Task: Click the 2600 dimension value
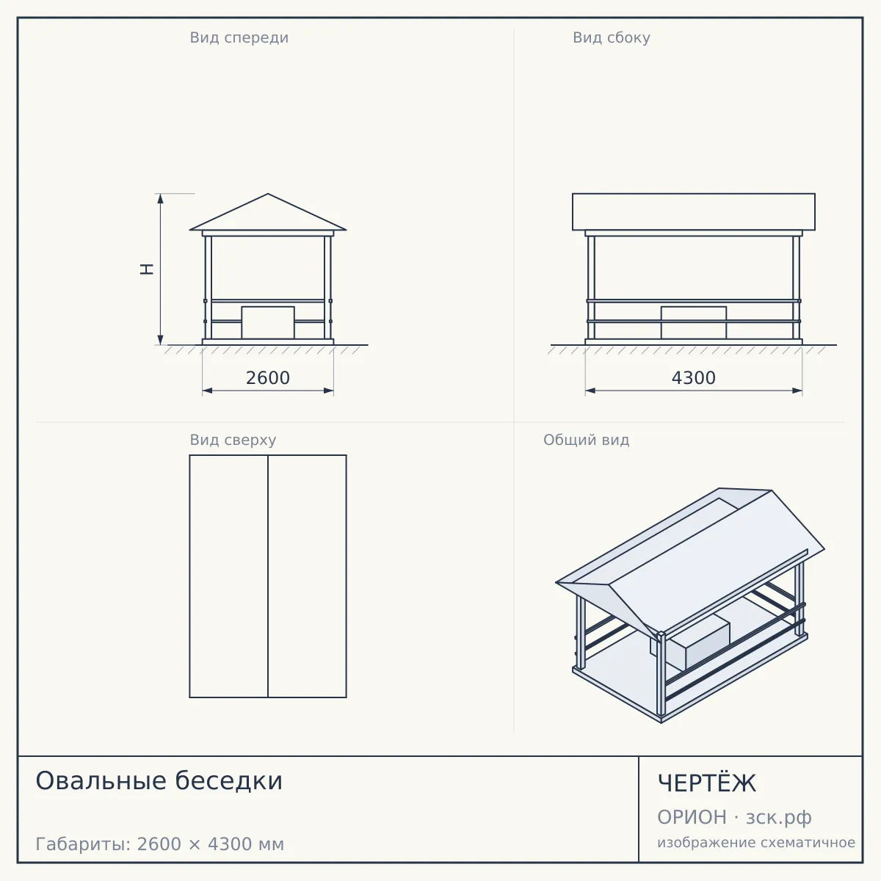click(x=267, y=378)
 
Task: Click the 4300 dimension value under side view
click(x=693, y=378)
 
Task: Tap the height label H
click(x=147, y=269)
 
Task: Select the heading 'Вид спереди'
click(x=239, y=37)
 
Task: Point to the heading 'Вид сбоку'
click(x=612, y=37)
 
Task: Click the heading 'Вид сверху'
click(x=233, y=440)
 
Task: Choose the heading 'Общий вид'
click(x=586, y=440)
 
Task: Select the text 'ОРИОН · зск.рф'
click(x=734, y=817)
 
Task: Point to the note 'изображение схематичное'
click(x=756, y=842)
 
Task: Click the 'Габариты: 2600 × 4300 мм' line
click(x=159, y=844)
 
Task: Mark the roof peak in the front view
click(x=268, y=194)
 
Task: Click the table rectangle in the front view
click(x=268, y=323)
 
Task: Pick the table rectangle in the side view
click(x=694, y=323)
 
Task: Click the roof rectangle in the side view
click(x=694, y=211)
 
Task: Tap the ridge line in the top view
click(x=268, y=576)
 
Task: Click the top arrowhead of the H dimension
click(x=161, y=198)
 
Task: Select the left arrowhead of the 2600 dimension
click(x=208, y=391)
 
